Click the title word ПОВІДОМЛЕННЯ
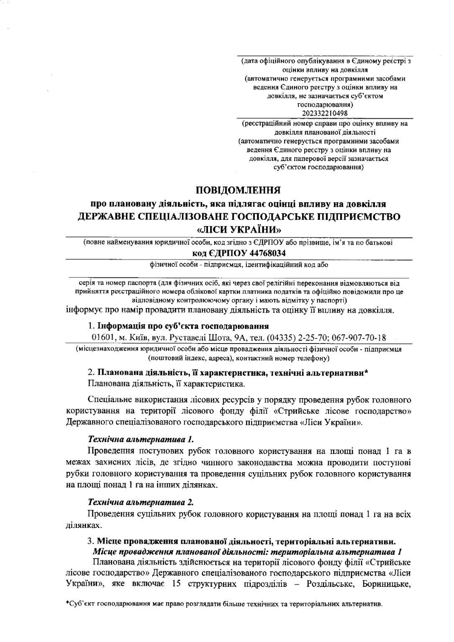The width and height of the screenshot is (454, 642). (x=239, y=191)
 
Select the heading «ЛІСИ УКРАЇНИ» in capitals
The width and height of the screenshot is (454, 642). (x=239, y=229)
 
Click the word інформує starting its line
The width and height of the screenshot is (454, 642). (x=83, y=311)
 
